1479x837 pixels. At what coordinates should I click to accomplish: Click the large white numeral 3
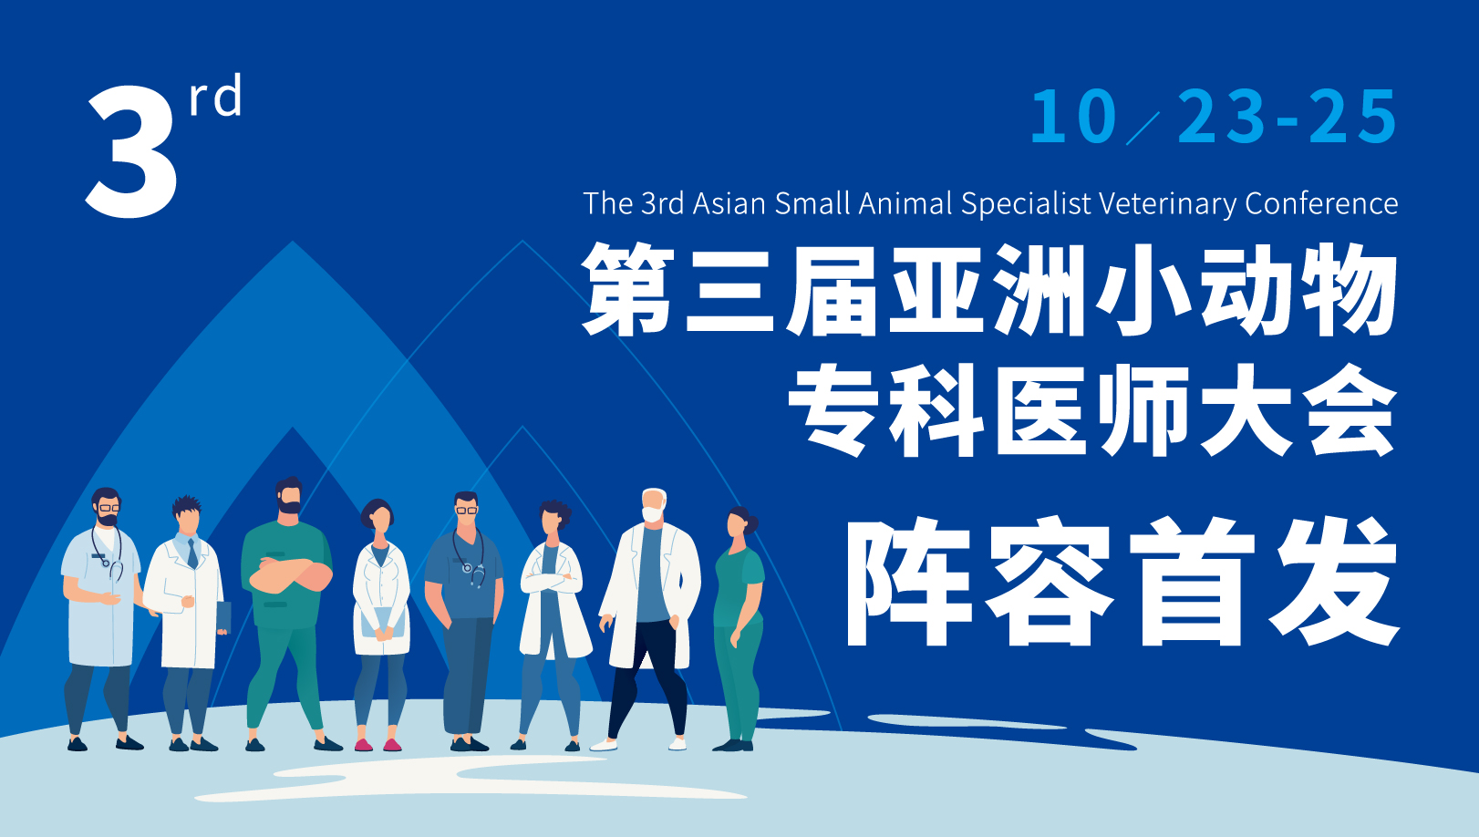click(132, 151)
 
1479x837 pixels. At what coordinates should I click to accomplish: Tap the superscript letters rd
click(215, 95)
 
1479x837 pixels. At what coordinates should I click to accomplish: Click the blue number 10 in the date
click(1073, 117)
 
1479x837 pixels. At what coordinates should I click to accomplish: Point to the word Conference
click(1321, 202)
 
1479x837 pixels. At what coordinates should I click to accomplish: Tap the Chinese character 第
click(628, 288)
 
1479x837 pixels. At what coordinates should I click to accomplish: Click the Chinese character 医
click(1041, 409)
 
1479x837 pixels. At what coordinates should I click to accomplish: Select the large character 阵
click(909, 581)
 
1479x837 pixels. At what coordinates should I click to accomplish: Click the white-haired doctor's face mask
click(652, 514)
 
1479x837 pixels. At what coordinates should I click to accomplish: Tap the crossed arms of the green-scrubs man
click(287, 574)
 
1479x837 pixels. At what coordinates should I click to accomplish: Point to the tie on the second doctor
click(192, 553)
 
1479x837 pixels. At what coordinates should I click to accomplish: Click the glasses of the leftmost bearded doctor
click(109, 508)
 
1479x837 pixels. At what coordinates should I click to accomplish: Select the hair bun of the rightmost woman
click(752, 523)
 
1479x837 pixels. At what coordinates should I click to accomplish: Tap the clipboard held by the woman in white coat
click(382, 623)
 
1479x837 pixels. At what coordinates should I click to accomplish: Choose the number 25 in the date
click(1353, 117)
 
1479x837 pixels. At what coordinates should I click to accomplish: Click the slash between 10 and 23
click(1143, 128)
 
